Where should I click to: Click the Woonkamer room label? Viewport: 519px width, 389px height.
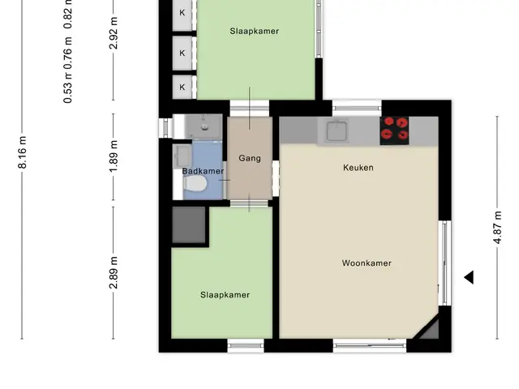click(367, 263)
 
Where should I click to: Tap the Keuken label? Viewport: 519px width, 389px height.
click(358, 168)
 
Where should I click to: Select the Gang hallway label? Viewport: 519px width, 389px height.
click(250, 159)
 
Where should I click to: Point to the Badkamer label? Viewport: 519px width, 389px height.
click(203, 171)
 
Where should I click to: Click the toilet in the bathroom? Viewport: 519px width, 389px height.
click(195, 184)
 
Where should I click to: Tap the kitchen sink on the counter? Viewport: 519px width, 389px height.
click(337, 131)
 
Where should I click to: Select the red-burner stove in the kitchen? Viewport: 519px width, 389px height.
click(395, 130)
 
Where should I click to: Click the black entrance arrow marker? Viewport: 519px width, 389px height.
click(469, 277)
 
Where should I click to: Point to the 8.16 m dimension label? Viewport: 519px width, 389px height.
click(22, 152)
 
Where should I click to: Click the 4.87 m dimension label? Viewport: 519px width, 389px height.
click(497, 228)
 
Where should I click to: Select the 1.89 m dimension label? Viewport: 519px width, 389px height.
click(114, 156)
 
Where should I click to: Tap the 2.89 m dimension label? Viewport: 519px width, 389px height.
click(114, 272)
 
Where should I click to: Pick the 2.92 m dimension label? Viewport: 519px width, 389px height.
click(114, 33)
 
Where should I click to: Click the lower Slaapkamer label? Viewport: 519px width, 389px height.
click(225, 295)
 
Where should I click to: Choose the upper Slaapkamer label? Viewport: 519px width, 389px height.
click(254, 31)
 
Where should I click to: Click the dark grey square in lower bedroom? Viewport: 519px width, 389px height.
click(189, 225)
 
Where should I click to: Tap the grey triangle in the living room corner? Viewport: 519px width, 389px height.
click(430, 331)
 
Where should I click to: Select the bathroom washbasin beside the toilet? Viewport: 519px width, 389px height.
click(182, 156)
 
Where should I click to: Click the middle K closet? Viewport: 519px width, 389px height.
click(182, 53)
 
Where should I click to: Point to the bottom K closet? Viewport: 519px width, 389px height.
click(182, 87)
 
